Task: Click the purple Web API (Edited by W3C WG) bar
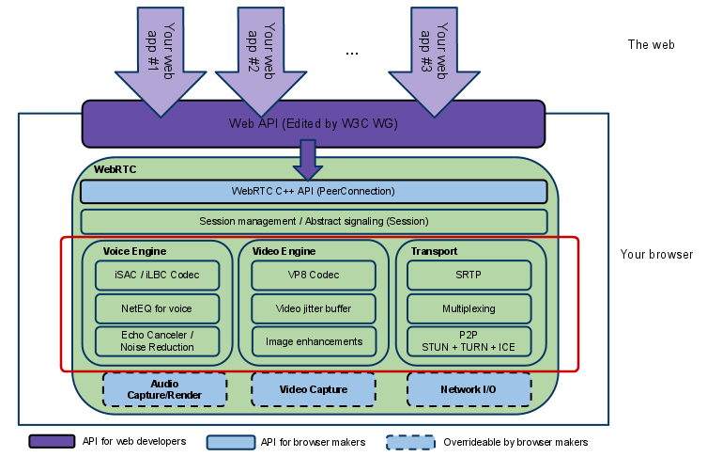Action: tap(313, 123)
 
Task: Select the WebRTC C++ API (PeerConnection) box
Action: tap(313, 191)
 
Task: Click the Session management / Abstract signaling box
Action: tap(314, 221)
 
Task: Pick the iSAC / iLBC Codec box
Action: tap(158, 275)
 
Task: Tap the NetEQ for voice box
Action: tap(158, 308)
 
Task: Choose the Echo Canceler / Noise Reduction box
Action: tap(158, 340)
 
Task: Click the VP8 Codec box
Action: tap(314, 275)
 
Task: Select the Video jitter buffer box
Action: tap(314, 308)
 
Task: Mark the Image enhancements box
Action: tap(314, 340)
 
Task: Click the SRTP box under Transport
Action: tap(469, 275)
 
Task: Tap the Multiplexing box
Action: tap(469, 308)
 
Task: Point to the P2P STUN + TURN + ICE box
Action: tap(469, 340)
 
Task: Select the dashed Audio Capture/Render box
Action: tap(164, 389)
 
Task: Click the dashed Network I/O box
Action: tap(469, 389)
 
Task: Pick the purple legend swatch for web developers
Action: tap(52, 442)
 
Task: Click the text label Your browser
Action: tap(656, 255)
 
